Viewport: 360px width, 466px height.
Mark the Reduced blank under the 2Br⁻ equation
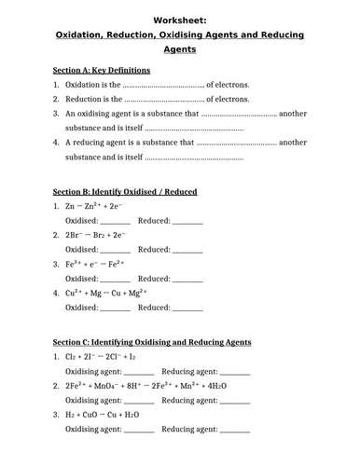187,252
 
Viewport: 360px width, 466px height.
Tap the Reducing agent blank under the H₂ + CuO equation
234,431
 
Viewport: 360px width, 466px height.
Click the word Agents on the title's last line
180,50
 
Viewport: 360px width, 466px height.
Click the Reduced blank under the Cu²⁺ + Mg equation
187,308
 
